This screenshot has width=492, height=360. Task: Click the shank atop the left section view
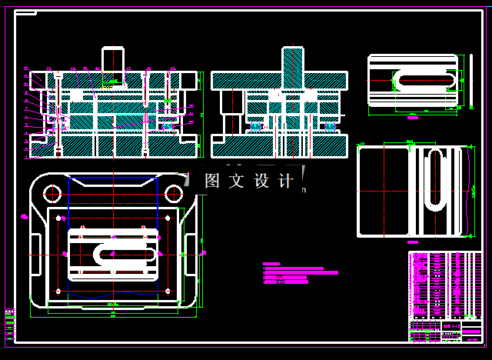[x=114, y=59]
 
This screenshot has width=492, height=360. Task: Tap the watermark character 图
[x=212, y=182]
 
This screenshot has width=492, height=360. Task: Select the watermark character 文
[x=236, y=182]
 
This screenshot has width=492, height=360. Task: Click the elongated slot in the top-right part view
[x=425, y=80]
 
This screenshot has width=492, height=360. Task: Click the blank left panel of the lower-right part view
[x=383, y=191]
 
